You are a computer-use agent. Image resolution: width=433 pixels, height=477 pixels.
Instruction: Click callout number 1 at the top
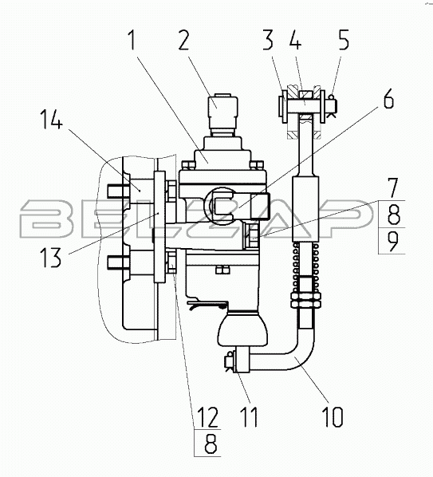[132, 40]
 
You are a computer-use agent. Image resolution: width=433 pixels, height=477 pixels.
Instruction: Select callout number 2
[183, 40]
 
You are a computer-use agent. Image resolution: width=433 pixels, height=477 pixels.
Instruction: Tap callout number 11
[249, 416]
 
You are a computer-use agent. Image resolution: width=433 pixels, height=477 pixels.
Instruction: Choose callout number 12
[207, 416]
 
